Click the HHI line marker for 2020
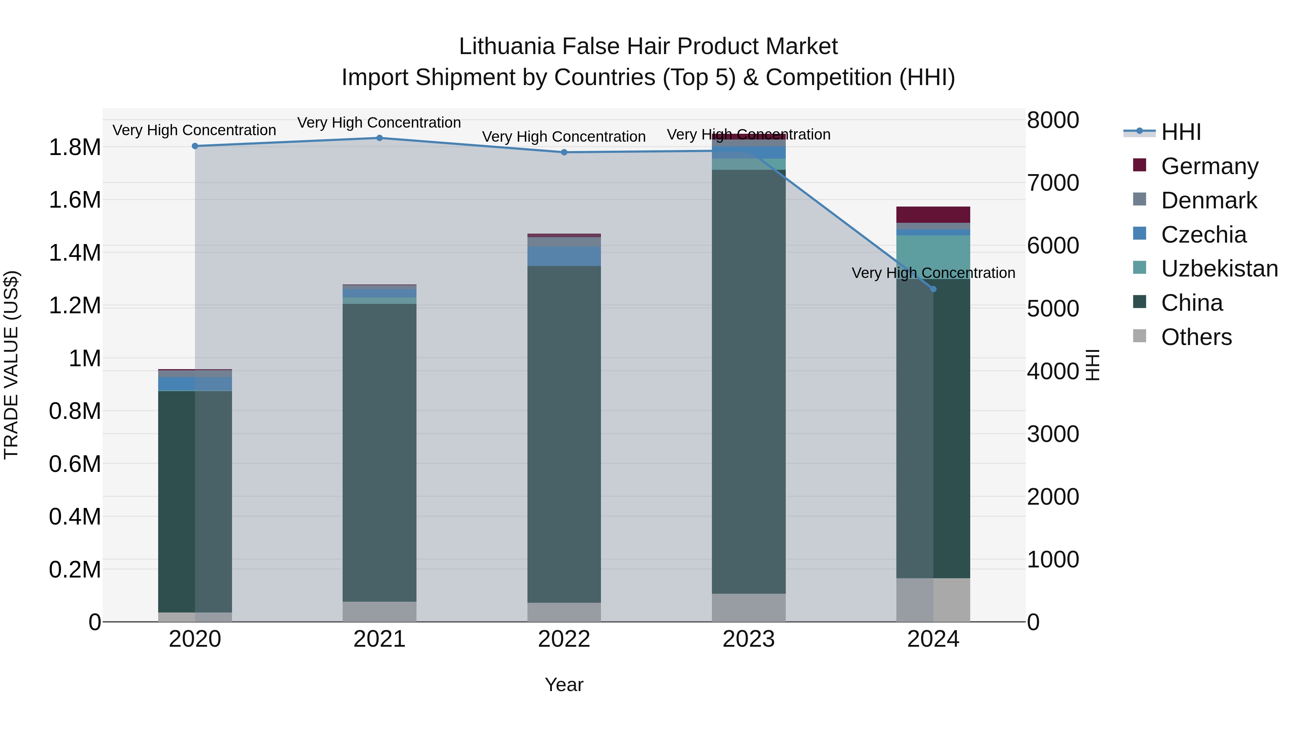195,146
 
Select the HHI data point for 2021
380,138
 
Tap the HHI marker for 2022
564,152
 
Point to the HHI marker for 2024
933,289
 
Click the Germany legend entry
1209,166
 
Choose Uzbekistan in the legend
1219,269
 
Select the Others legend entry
1196,337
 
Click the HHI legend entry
1181,132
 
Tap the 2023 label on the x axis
749,639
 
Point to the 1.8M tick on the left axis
75,147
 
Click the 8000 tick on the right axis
1053,120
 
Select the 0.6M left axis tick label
75,464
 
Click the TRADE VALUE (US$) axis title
11,365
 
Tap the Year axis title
564,685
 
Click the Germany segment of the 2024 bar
933,214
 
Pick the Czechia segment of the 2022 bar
564,256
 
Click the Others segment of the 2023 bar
749,607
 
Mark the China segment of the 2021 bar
380,452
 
